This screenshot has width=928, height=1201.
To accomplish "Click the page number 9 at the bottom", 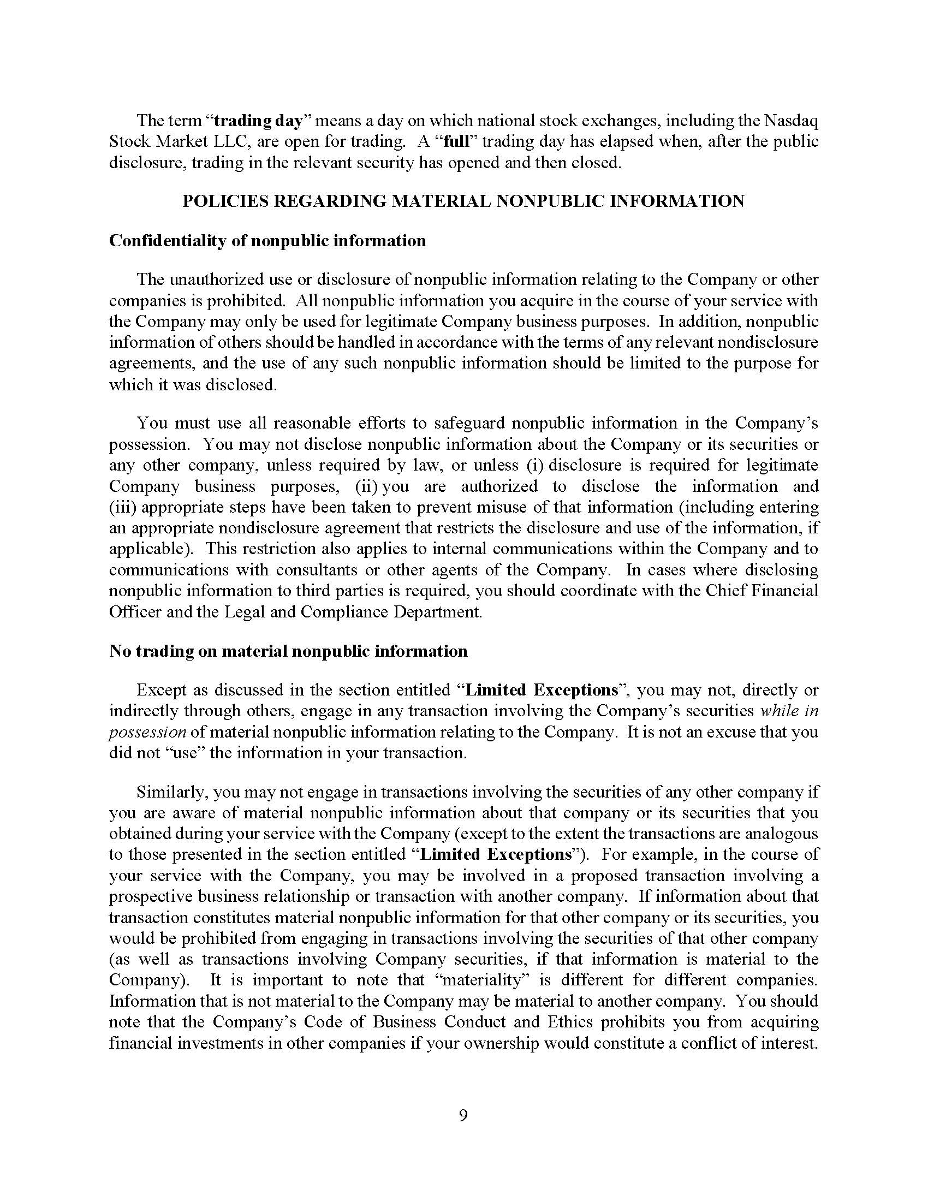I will (x=463, y=1115).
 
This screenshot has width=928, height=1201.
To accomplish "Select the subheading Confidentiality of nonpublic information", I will (x=267, y=241).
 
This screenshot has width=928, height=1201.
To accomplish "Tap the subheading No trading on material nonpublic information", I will (x=288, y=651).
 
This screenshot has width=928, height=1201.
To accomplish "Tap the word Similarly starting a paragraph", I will (x=170, y=793).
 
